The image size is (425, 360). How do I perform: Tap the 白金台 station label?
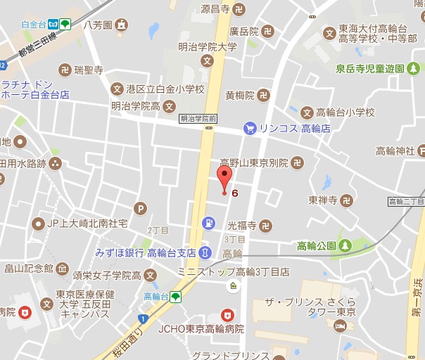click(x=33, y=24)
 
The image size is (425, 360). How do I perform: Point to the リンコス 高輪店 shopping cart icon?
click(x=250, y=128)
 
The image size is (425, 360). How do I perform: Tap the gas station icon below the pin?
click(x=209, y=224)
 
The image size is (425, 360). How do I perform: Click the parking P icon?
click(x=141, y=208)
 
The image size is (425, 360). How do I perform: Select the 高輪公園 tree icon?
click(x=345, y=245)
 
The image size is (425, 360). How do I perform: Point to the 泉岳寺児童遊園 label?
click(x=369, y=68)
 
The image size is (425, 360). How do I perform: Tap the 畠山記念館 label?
click(x=29, y=268)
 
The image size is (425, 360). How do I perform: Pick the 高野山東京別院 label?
click(x=254, y=162)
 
